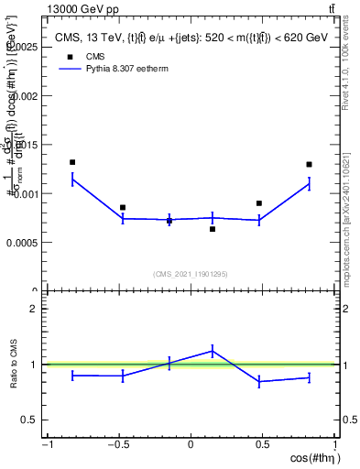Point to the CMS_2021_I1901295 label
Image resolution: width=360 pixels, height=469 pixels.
(x=191, y=274)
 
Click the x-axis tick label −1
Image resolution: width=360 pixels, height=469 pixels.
(x=47, y=445)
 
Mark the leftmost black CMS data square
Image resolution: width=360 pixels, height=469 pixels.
(x=72, y=162)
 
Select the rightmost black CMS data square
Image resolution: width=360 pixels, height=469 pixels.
(x=309, y=165)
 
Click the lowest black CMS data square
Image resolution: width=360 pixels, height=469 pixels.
(x=213, y=229)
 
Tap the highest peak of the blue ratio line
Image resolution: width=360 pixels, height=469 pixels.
(x=213, y=350)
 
